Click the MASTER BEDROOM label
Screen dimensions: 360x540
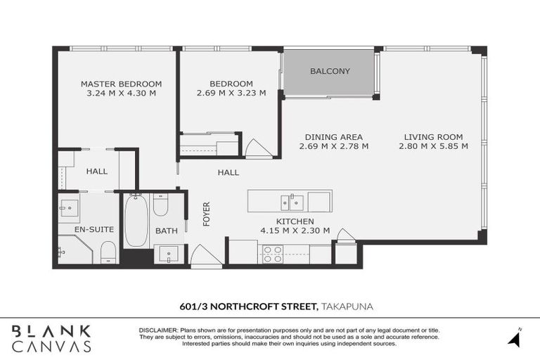(x=121, y=83)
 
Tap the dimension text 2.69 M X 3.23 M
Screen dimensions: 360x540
(x=231, y=93)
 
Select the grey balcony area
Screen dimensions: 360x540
(x=329, y=72)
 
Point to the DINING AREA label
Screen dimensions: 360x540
(x=333, y=137)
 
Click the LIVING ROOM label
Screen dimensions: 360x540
(x=433, y=137)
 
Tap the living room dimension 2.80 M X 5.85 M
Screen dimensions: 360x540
(x=433, y=146)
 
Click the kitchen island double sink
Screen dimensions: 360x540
(x=292, y=202)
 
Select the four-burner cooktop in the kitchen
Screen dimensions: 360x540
(x=273, y=254)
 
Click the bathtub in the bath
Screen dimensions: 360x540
(x=136, y=219)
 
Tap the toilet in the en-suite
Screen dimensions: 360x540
(x=108, y=251)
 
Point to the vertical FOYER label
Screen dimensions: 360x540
(x=207, y=214)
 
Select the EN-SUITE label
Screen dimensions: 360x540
(x=75, y=229)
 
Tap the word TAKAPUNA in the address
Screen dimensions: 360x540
(x=349, y=306)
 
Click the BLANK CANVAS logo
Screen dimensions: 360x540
(x=51, y=338)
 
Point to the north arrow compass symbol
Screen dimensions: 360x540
(x=515, y=338)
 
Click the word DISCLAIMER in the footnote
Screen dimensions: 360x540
(x=158, y=330)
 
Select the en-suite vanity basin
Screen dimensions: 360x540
(x=69, y=207)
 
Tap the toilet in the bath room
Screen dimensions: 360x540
(x=160, y=205)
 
